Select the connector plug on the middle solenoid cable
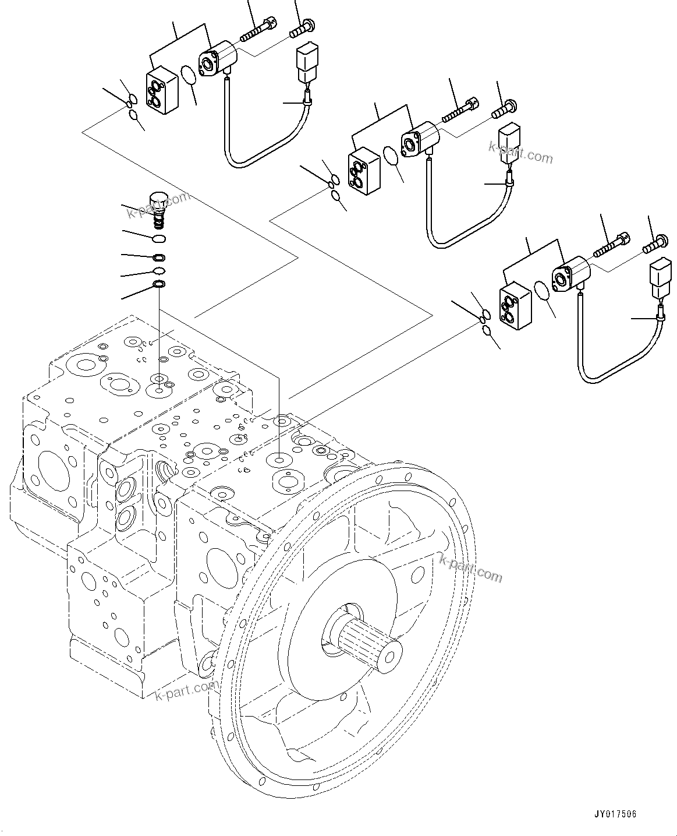coord(509,143)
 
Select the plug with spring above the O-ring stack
coord(158,208)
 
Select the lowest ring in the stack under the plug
coord(158,284)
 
